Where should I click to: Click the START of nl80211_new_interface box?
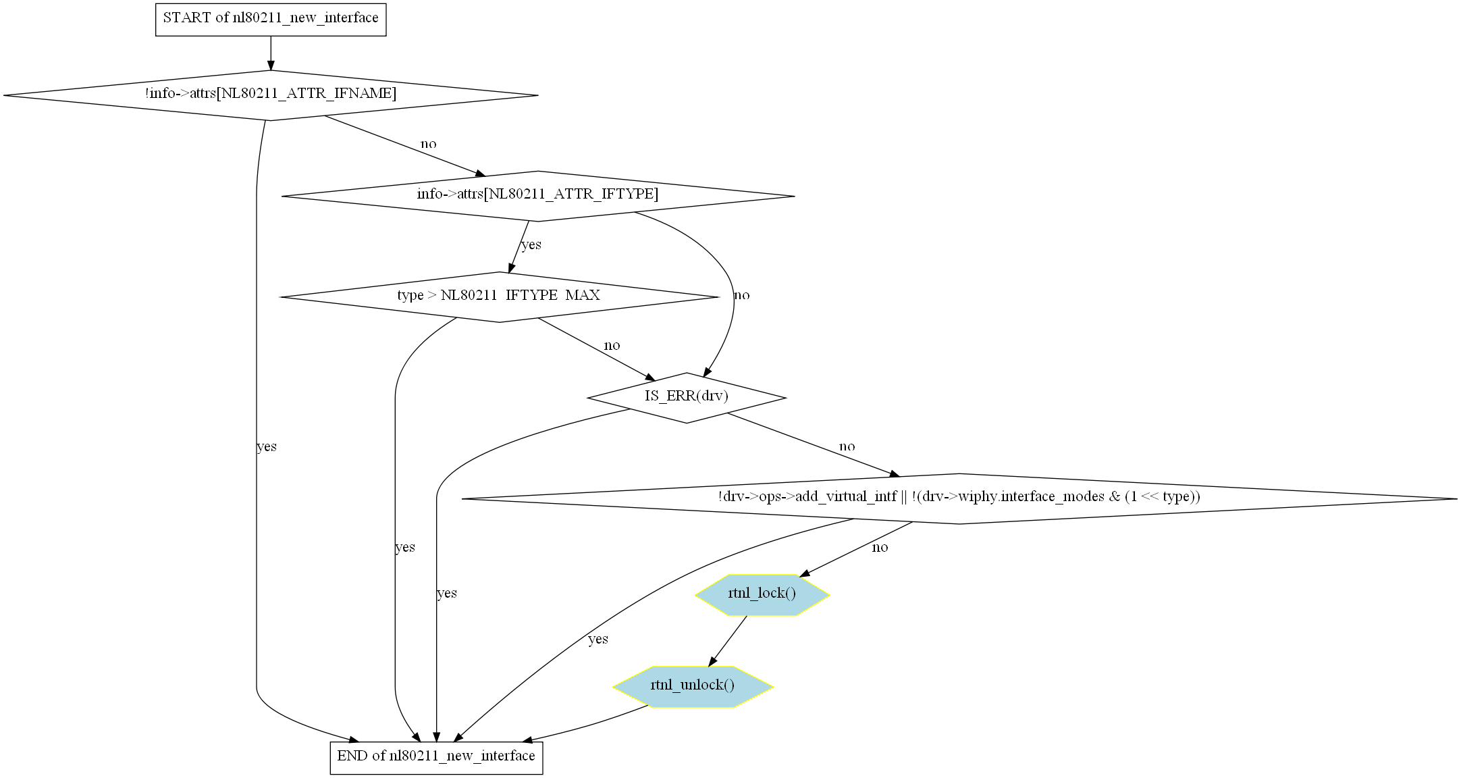coord(271,18)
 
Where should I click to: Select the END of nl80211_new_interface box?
coord(436,756)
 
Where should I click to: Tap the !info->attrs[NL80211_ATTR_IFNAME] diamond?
coord(271,95)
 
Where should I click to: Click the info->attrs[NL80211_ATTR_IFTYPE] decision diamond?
coord(537,195)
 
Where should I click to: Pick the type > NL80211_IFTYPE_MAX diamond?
coord(499,296)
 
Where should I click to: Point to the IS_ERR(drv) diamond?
coord(687,397)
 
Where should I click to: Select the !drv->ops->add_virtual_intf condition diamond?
coord(959,498)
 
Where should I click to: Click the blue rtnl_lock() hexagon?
coord(762,594)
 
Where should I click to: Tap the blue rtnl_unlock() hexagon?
coord(693,686)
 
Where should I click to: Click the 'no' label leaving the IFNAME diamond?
coord(429,144)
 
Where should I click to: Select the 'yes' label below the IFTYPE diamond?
coord(531,244)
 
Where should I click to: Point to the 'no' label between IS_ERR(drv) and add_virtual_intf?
coord(847,446)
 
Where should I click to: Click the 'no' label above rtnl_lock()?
coord(880,548)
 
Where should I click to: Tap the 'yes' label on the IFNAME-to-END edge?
coord(267,446)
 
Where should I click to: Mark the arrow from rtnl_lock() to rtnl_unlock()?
coord(728,641)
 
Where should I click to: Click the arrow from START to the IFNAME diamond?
coord(271,53)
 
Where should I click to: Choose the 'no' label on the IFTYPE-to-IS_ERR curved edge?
coord(741,295)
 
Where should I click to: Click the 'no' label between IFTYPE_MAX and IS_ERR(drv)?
coord(612,346)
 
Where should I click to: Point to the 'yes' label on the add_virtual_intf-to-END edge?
coord(598,640)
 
